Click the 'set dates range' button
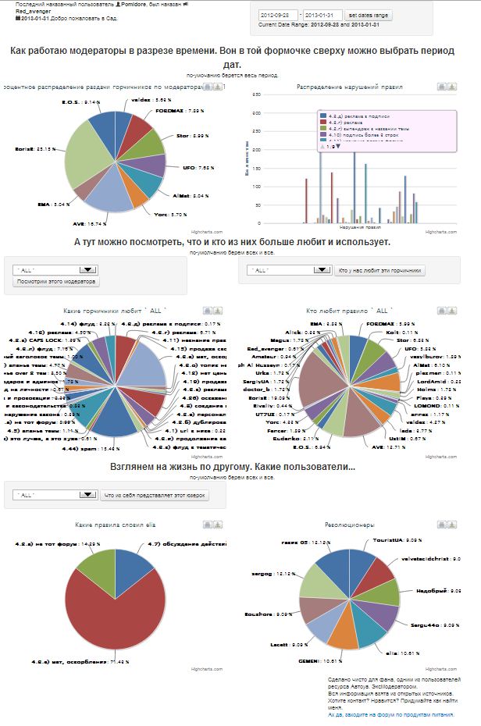click(x=369, y=16)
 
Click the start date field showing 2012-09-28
click(x=281, y=16)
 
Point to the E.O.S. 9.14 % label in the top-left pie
click(x=80, y=102)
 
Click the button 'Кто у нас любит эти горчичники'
click(x=379, y=270)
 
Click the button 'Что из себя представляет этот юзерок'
click(x=154, y=495)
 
